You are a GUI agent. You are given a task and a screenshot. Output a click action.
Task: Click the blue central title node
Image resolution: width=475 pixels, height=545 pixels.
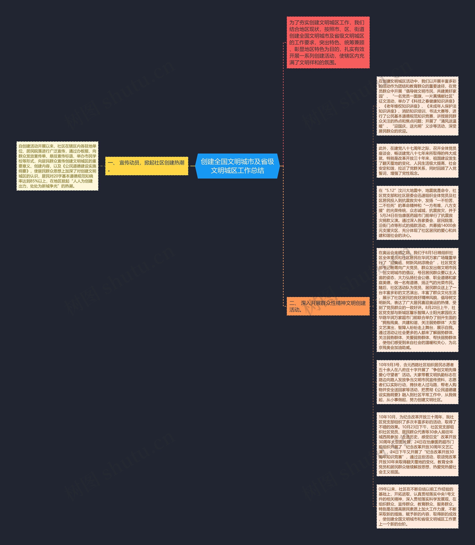coord(237,166)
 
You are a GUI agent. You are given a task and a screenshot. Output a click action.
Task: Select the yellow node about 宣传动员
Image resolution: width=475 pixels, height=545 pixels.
coord(147,166)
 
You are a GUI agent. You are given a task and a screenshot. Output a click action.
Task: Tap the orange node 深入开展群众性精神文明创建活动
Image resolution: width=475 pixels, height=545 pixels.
coord(328,306)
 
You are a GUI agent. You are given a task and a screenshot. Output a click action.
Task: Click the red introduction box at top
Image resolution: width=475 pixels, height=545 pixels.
coord(328,42)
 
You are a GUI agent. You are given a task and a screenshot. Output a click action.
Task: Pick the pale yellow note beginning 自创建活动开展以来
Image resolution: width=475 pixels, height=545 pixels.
coord(57,166)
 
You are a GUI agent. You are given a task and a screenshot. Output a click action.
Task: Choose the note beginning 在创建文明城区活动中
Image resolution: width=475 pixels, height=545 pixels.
coord(417,106)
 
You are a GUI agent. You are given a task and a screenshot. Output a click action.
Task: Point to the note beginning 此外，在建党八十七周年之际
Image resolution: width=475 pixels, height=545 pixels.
coord(417,161)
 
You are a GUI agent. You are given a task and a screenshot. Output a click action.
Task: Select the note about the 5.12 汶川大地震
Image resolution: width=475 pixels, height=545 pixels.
coord(417,213)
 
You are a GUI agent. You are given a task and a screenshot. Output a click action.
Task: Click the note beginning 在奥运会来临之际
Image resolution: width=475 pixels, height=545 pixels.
coord(417,300)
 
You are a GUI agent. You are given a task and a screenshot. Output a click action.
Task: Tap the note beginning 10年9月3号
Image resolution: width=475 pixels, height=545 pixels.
coord(417,382)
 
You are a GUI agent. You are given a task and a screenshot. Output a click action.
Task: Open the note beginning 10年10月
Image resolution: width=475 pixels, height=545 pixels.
coord(417,444)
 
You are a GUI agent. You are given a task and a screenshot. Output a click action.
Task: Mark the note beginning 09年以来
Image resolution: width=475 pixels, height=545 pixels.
coord(417,507)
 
